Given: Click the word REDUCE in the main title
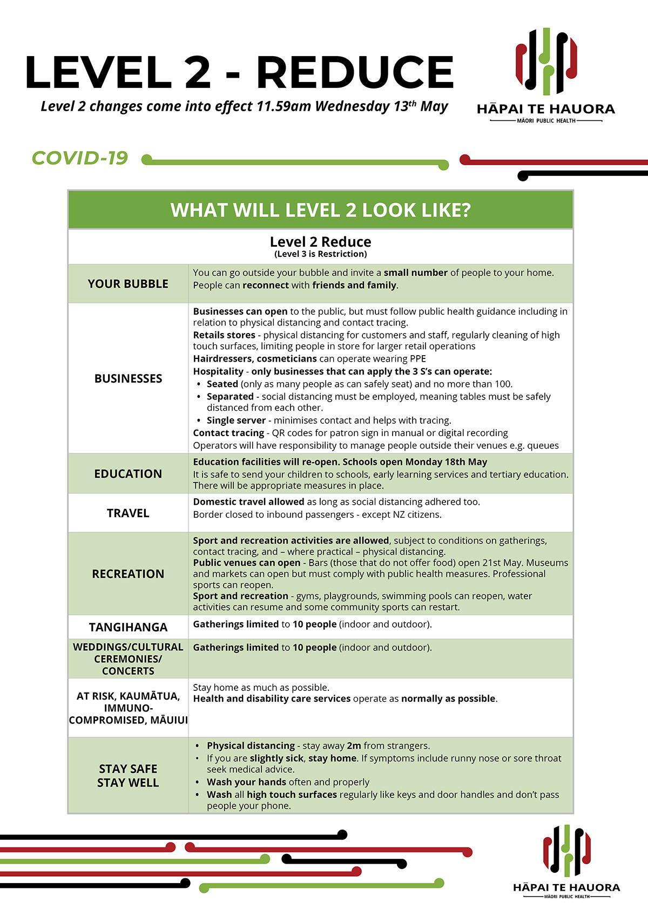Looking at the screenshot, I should [x=355, y=72].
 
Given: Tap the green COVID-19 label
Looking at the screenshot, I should [x=80, y=158].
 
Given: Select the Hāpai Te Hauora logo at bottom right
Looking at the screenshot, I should [x=566, y=860].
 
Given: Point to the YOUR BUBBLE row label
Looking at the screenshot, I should [x=128, y=284].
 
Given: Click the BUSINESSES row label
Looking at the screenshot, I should [x=128, y=378].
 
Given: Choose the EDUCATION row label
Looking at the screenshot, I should [x=128, y=474].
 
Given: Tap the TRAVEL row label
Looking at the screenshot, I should [x=128, y=513].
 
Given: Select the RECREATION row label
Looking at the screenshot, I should [x=128, y=574].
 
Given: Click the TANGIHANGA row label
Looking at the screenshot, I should [x=128, y=627].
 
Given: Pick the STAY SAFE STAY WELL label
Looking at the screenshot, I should [x=128, y=776].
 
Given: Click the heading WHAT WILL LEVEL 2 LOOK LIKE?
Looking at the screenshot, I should [x=320, y=210].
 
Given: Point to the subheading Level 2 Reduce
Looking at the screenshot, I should [x=320, y=242].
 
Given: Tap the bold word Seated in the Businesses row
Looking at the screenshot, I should [x=222, y=384].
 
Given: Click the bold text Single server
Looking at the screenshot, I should [x=236, y=420].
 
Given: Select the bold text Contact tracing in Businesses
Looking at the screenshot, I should [x=228, y=433].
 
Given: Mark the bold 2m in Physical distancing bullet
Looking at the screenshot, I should [x=354, y=745].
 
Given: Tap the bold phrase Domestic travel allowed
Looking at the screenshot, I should [x=248, y=502].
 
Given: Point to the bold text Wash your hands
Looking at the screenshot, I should [x=246, y=782].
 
